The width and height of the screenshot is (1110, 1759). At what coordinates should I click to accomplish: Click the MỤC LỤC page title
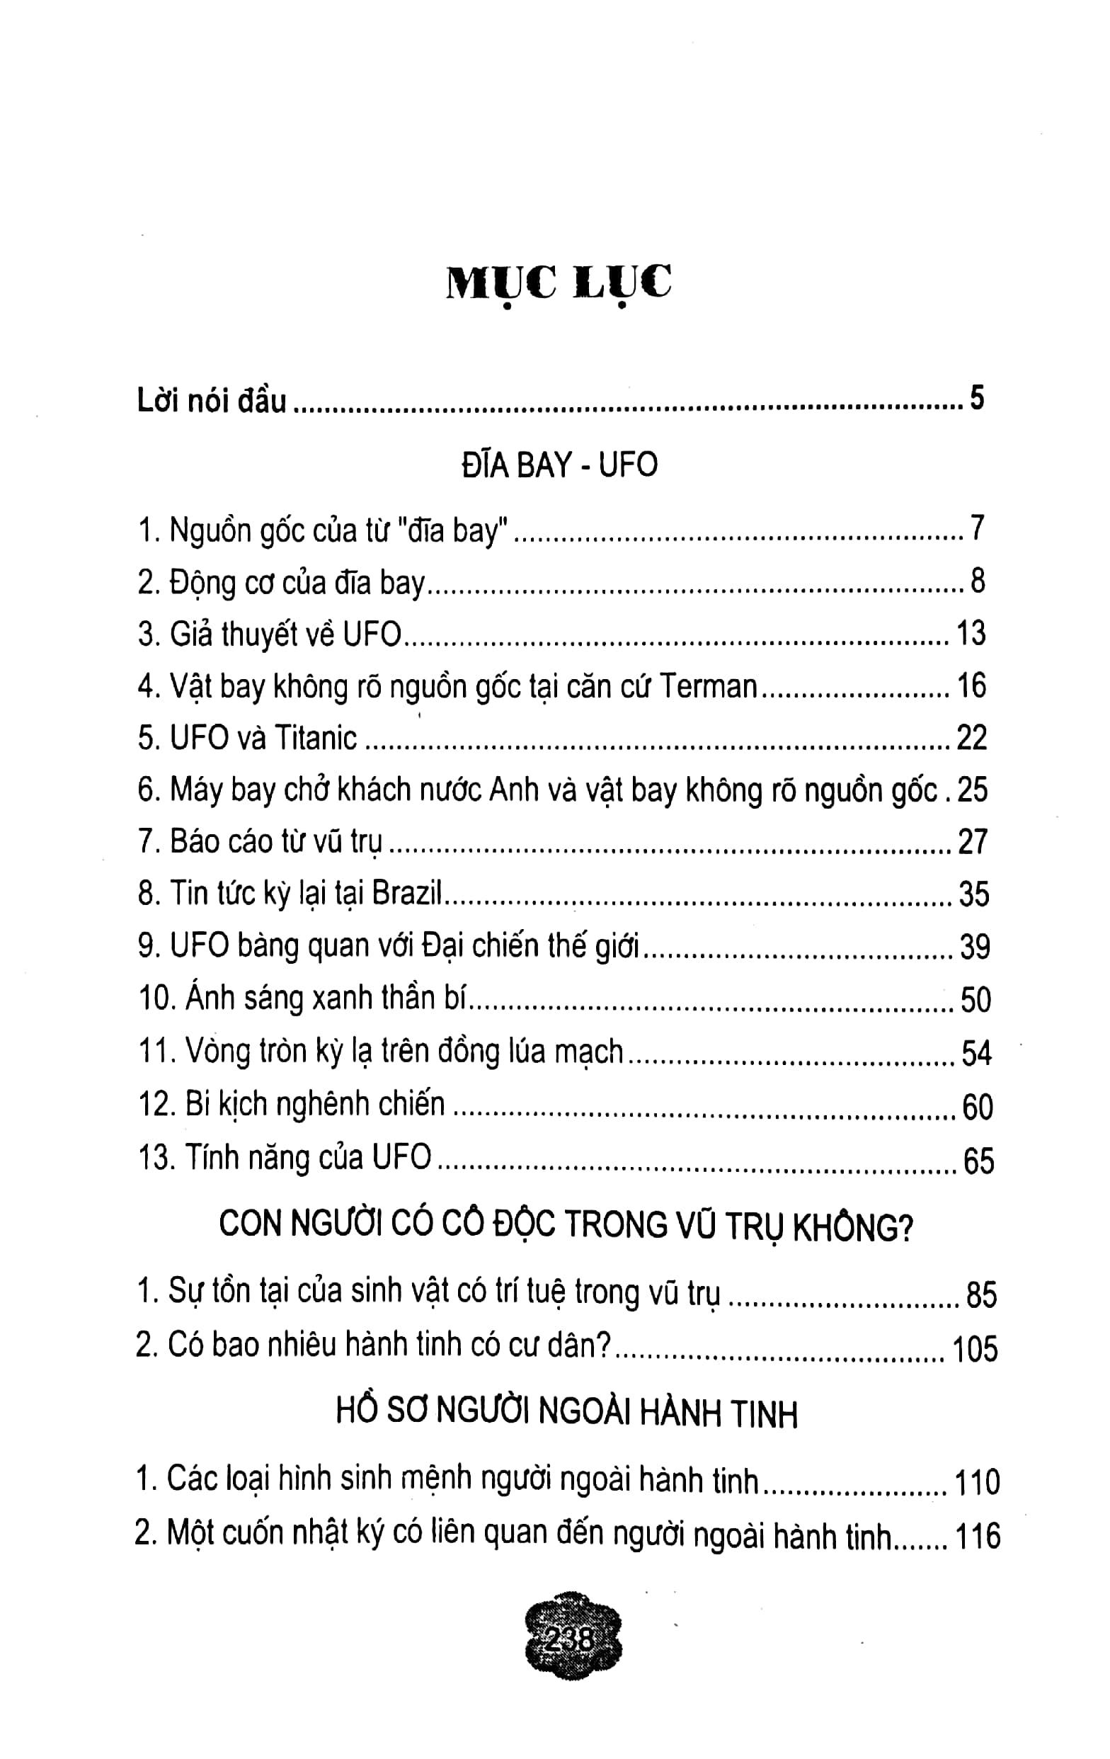pos(559,284)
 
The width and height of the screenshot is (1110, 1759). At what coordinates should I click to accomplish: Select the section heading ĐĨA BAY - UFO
pos(559,465)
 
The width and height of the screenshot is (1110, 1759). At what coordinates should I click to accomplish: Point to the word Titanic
pos(316,739)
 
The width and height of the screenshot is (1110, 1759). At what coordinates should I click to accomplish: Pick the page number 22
pos(971,739)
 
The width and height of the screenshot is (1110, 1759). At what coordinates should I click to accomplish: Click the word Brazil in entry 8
pos(407,894)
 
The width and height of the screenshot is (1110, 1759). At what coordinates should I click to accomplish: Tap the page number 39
pos(974,947)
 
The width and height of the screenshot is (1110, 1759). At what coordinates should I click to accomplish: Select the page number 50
pos(975,1000)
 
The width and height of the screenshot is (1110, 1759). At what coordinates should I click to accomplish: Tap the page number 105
pos(975,1349)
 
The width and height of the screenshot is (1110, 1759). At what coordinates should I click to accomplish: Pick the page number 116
pos(977,1536)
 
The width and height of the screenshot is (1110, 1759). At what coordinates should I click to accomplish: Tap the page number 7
pos(978,528)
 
